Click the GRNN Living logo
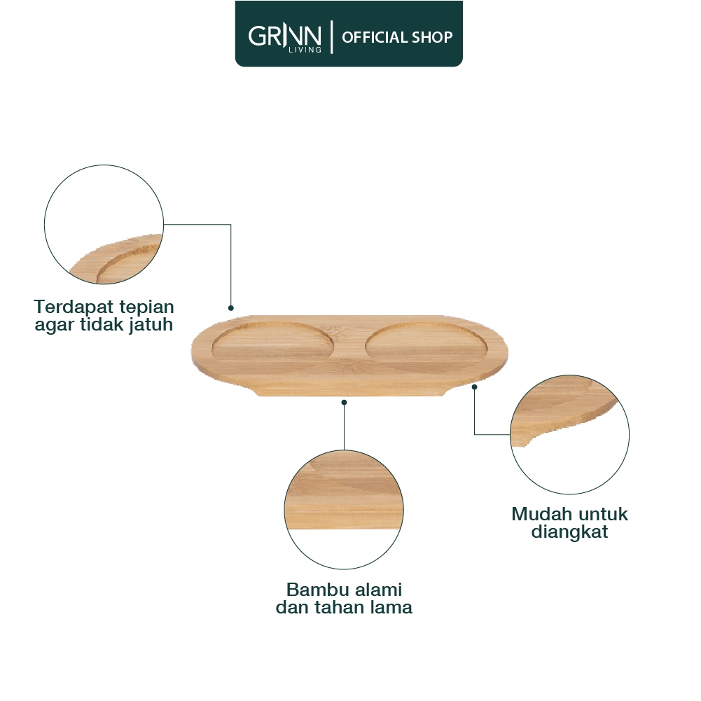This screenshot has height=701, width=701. [284, 35]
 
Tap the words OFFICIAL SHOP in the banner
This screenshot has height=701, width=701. [397, 37]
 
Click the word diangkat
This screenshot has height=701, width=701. [569, 532]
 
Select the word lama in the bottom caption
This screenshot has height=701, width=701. [389, 607]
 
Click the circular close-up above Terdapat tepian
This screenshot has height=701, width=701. [104, 224]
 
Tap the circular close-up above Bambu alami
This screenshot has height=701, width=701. [344, 509]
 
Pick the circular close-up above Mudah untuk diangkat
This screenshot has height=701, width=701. [569, 435]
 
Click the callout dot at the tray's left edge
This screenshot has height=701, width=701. [230, 307]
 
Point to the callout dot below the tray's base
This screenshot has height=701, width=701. [344, 402]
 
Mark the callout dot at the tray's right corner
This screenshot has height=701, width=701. [474, 386]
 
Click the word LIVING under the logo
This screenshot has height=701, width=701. [306, 50]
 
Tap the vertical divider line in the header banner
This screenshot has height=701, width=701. [331, 36]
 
